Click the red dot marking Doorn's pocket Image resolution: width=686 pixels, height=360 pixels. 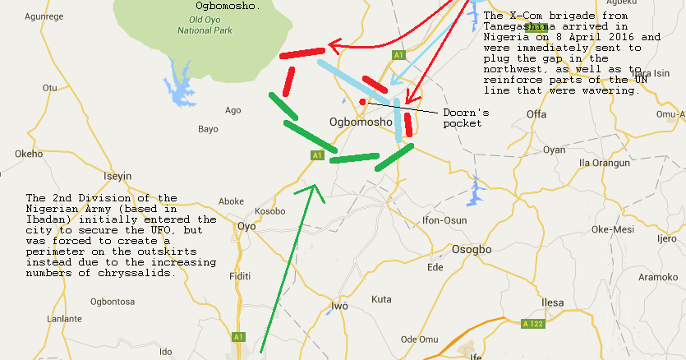pos(362,101)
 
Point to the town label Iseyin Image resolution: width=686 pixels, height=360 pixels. pos(117,176)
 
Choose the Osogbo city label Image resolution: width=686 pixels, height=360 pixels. pos(471,249)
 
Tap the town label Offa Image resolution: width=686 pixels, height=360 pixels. pos(536,114)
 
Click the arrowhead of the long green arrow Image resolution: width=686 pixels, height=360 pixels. pos(312,189)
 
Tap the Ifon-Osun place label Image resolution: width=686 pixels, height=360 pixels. pos(444,220)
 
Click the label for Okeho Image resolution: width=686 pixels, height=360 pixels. pos(28,154)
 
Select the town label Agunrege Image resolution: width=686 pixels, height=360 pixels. pos(46,16)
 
